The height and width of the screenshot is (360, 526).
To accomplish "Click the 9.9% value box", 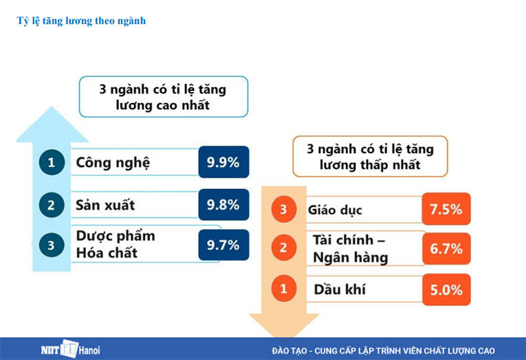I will coord(223,163).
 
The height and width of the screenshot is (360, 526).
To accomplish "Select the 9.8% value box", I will coord(223,205).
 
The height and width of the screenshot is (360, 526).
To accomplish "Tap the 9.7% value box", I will coord(223,245).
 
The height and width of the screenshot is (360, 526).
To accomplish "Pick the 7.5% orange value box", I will coord(446,210).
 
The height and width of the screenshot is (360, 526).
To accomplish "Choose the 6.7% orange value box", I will coord(446,249).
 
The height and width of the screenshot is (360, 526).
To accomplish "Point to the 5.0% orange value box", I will coord(446,289).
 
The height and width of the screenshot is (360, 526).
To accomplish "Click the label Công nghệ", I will coord(113,163).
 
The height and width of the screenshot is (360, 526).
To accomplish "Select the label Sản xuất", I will coord(105,205).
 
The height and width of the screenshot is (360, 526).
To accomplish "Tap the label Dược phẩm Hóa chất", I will coord(116,245).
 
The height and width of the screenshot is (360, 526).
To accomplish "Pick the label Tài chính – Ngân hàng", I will coord(350,249).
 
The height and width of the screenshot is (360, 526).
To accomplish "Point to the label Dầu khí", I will coord(340,289).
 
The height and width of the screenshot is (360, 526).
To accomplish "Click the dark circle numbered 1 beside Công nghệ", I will coord(51,163).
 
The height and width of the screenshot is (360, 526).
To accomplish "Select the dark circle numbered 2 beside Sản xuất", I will coord(51,205).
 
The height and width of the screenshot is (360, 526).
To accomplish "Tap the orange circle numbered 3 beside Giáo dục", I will coord(283,210).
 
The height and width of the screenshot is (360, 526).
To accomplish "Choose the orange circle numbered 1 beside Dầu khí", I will coord(283,289).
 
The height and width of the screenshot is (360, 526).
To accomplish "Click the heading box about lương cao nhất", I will coord(164,98).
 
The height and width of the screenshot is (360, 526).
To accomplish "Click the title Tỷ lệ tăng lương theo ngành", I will coord(81,21).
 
